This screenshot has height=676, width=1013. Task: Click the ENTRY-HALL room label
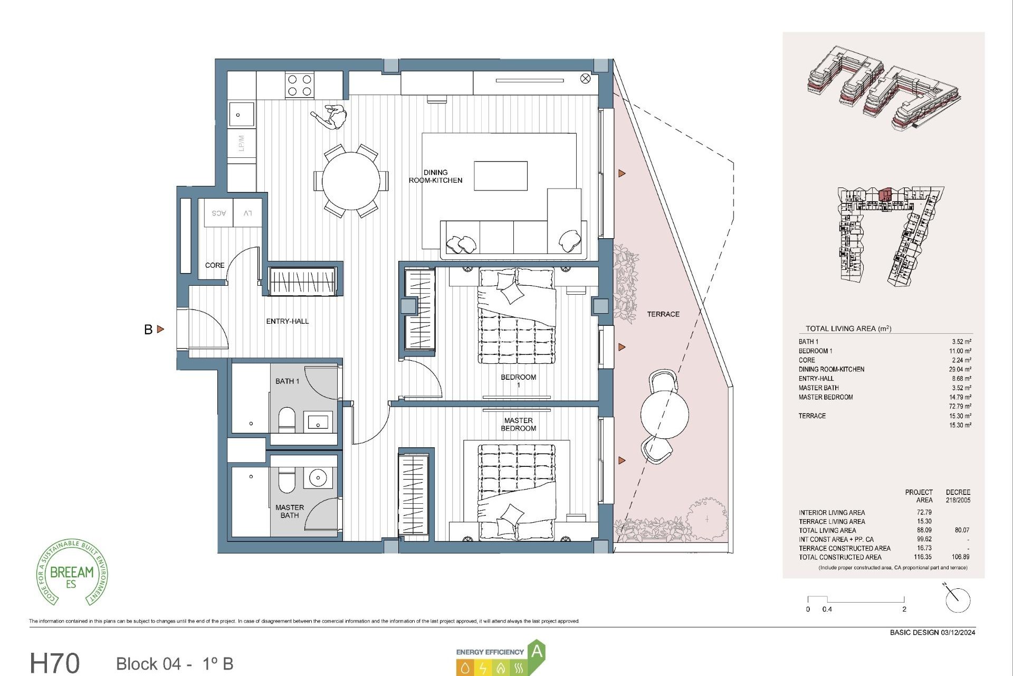(x=287, y=321)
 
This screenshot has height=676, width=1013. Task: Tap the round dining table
(x=351, y=181)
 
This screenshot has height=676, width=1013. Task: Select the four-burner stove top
(x=300, y=86)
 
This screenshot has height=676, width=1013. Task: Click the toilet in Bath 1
(x=286, y=419)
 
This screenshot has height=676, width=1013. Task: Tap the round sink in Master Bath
(x=318, y=478)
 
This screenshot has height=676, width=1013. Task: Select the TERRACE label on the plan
(x=663, y=314)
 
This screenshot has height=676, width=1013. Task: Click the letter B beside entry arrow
(x=148, y=330)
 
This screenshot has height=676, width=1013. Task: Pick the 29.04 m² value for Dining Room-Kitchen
(x=960, y=370)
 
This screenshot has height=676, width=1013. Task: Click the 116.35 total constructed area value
(x=923, y=557)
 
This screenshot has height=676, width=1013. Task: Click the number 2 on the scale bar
(x=904, y=609)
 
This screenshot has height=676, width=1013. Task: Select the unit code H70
(x=55, y=663)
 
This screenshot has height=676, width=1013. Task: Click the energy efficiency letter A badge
(x=537, y=651)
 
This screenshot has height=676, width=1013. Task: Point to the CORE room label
(x=215, y=265)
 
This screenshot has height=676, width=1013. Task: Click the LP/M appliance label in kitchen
(x=242, y=143)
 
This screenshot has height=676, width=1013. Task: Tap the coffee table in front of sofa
(x=500, y=176)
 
